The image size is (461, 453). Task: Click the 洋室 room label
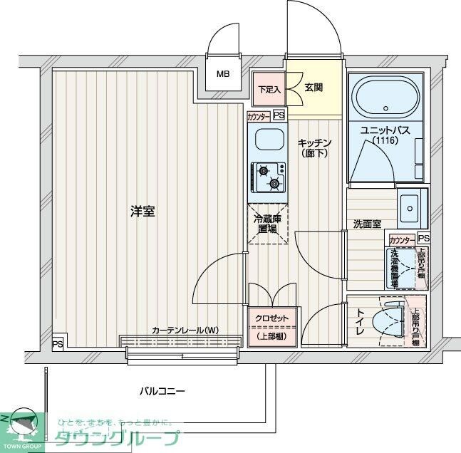pyautogui.click(x=143, y=211)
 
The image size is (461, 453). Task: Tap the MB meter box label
pyautogui.click(x=224, y=74)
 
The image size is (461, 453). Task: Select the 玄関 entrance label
pyautogui.click(x=314, y=88)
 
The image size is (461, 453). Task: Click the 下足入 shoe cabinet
pyautogui.click(x=269, y=90)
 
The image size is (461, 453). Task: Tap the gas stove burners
pyautogui.click(x=268, y=177)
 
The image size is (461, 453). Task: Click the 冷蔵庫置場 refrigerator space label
pyautogui.click(x=267, y=224)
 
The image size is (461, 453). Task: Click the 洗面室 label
pyautogui.click(x=367, y=224)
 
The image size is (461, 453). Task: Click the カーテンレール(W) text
pyautogui.click(x=184, y=330)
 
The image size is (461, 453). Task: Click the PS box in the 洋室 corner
pyautogui.click(x=58, y=344)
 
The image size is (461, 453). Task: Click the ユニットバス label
pyautogui.click(x=385, y=130)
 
